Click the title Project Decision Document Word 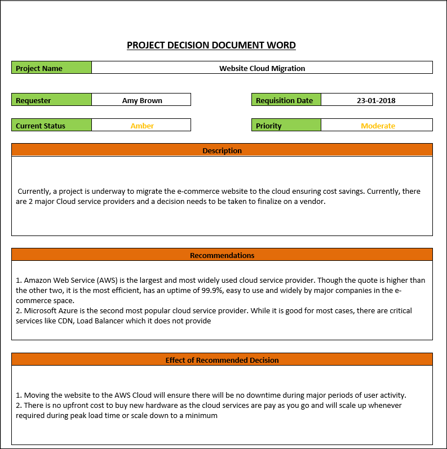point(211,45)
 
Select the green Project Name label point(51,68)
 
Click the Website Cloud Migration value point(262,68)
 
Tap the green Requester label point(51,100)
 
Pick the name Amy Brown point(142,100)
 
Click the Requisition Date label point(286,100)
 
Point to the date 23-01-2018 point(376,100)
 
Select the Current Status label point(51,126)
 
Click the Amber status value point(142,126)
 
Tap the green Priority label point(286,126)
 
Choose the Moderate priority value point(378,126)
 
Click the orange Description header point(222,150)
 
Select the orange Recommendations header point(222,255)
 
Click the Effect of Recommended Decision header point(222,360)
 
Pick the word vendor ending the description point(312,201)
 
